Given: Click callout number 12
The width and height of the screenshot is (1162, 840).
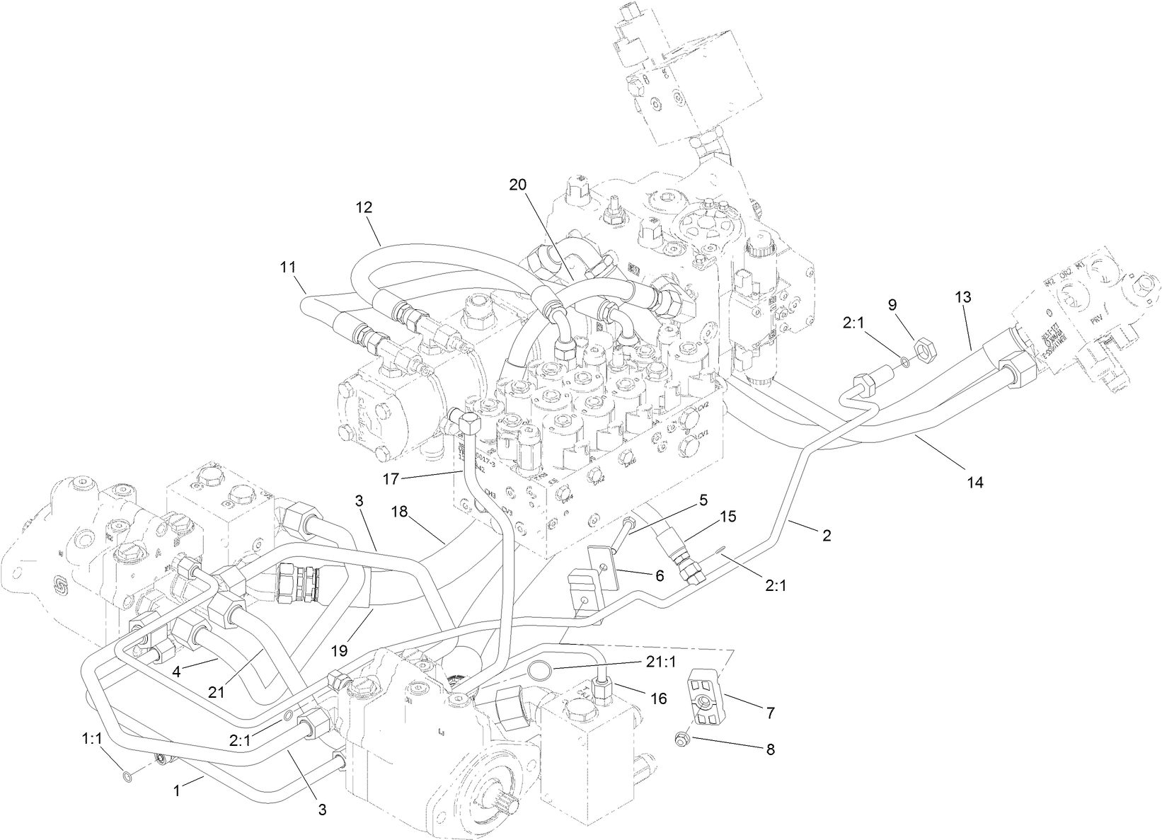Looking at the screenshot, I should click(x=364, y=207).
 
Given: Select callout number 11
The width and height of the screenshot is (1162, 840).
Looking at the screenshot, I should click(x=287, y=267).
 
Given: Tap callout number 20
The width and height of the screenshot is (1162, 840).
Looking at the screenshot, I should click(x=518, y=185).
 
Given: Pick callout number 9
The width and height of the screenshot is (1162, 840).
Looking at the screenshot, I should click(x=892, y=304).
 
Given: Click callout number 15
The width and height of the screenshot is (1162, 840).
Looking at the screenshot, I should click(x=728, y=517).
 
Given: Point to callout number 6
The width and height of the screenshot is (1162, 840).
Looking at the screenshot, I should click(x=659, y=576).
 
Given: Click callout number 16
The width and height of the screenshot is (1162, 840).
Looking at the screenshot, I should click(x=658, y=698).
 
